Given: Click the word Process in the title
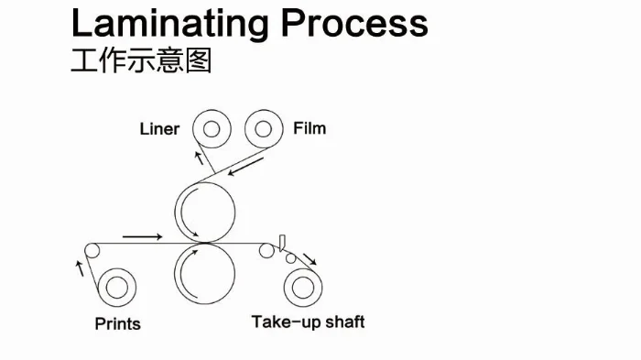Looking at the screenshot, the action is coord(354,23).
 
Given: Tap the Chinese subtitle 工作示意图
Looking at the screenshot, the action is coord(141,60).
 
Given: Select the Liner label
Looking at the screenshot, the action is coord(159,129).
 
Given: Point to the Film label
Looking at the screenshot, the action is coord(310,128).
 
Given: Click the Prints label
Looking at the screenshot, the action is coord(118,323).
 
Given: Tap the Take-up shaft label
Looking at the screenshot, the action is coord(308,322).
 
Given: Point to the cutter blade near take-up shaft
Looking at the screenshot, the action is coord(282,243).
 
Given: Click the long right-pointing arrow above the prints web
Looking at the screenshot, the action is coord(142,236).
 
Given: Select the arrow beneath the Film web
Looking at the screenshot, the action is coord(245,167).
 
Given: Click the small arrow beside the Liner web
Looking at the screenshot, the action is coord(199,158).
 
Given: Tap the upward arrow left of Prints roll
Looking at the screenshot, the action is coord(80,268).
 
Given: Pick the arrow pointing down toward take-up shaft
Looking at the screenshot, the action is coord(310,259).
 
